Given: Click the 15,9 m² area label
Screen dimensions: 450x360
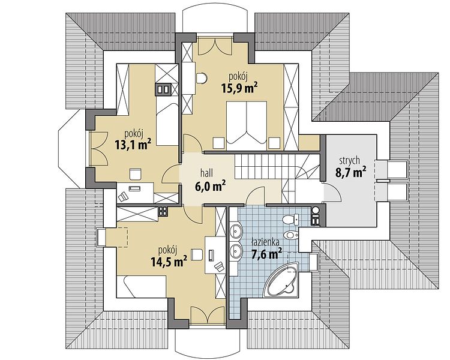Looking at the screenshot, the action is tap(239, 88).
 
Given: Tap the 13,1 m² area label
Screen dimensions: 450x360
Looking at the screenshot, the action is tap(133, 145).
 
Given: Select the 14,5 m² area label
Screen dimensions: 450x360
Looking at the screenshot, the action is tap(169, 262).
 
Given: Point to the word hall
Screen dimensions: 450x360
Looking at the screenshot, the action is tap(206, 173).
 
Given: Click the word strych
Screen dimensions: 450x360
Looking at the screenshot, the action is tap(349, 161).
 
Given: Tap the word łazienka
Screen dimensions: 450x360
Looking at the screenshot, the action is tap(265, 243).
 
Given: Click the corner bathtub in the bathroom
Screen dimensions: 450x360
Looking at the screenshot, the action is tap(282, 281).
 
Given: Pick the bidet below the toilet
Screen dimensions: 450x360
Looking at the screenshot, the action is tap(291, 235).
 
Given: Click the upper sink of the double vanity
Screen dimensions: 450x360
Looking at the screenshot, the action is tap(236, 230).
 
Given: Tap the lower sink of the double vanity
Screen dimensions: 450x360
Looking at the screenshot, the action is tap(236, 250).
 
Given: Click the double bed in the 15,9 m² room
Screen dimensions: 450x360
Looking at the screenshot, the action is tap(247, 125).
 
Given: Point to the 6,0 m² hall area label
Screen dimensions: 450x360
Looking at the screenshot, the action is tap(210, 187).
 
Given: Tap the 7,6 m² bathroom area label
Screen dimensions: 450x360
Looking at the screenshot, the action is tap(266, 254).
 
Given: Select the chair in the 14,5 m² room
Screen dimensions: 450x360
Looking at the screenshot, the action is tap(197, 254).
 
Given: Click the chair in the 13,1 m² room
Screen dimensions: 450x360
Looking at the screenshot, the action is tap(135, 174).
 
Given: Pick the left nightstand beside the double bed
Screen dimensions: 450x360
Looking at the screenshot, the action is tap(218, 143).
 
